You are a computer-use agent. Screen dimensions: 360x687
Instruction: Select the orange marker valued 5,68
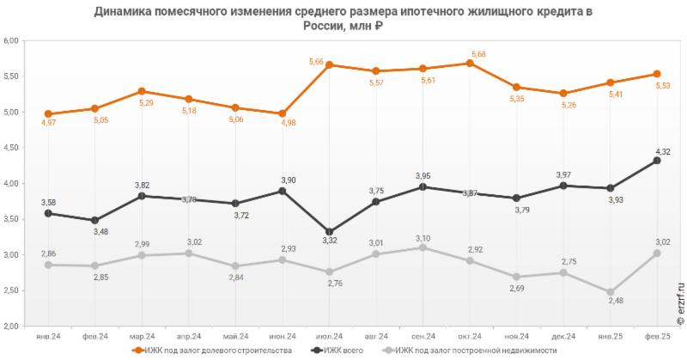[469, 63]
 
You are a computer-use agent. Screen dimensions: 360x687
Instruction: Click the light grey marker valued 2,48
[609, 293]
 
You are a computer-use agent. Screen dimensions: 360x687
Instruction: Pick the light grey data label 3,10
[423, 237]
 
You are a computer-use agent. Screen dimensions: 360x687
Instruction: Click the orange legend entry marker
[137, 351]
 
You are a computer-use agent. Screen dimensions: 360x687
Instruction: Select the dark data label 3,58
[48, 202]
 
